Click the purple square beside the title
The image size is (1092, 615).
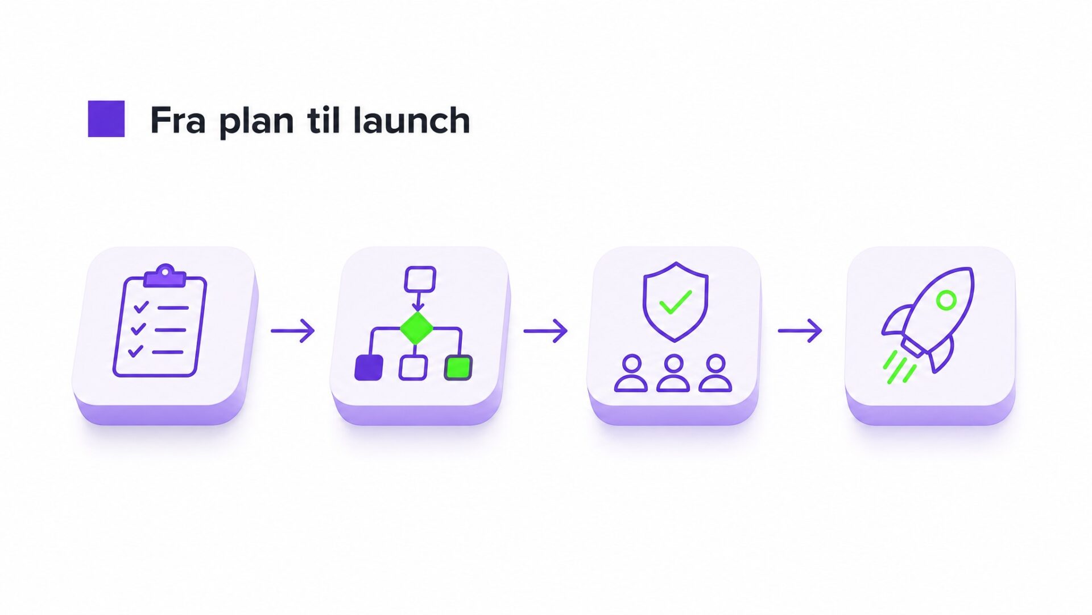pyautogui.click(x=106, y=118)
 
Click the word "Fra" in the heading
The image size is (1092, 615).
pyautogui.click(x=177, y=120)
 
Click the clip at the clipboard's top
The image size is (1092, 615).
pyautogui.click(x=165, y=276)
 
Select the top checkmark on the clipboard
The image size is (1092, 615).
pyautogui.click(x=140, y=307)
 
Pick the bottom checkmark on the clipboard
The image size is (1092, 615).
pyautogui.click(x=135, y=351)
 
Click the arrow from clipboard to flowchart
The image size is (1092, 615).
pyautogui.click(x=293, y=331)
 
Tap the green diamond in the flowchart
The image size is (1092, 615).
pyautogui.click(x=417, y=328)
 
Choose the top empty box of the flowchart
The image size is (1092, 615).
pyautogui.click(x=420, y=280)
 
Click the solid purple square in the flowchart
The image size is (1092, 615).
pyautogui.click(x=369, y=367)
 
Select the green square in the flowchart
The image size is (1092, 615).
pyautogui.click(x=458, y=367)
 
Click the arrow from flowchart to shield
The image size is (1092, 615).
pyautogui.click(x=545, y=331)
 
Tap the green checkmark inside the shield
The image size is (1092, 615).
pyautogui.click(x=675, y=302)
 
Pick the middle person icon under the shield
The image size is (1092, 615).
pyautogui.click(x=673, y=373)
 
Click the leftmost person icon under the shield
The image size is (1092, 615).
pyautogui.click(x=631, y=373)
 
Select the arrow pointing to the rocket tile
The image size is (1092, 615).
pyautogui.click(x=800, y=331)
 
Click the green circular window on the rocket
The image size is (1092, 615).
pyautogui.click(x=946, y=300)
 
